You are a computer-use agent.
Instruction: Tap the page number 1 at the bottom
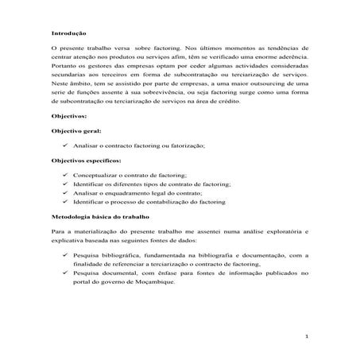click(x=307, y=336)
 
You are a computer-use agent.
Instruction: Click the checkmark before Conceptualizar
click(x=64, y=174)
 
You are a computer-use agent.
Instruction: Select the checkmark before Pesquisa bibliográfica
click(x=64, y=254)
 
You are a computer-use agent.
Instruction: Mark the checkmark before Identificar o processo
click(x=64, y=202)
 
